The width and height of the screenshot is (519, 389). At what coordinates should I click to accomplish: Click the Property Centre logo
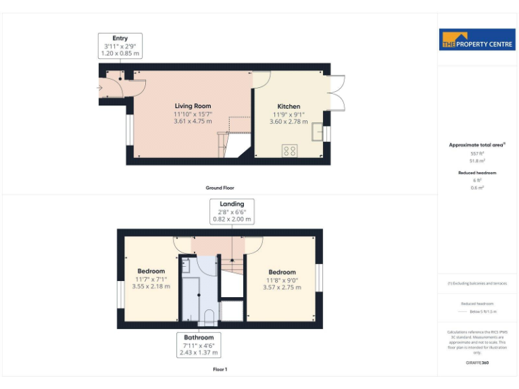(478, 40)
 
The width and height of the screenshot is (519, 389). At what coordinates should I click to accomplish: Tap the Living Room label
(193, 106)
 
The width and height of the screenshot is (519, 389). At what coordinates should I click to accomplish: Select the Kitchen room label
(287, 106)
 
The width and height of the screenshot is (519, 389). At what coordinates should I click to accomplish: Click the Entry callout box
(116, 45)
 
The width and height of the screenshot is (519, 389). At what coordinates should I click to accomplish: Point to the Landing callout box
(232, 211)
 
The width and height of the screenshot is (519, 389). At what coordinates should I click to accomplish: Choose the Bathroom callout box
(199, 344)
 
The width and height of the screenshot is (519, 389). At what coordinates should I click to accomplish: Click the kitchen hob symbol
(289, 151)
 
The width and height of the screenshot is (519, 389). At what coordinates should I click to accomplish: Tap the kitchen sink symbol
(316, 132)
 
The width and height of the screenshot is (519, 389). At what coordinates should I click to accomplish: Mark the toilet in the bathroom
(209, 317)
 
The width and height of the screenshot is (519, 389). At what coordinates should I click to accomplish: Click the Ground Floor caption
(220, 188)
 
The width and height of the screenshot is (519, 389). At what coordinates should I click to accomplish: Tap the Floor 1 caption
(220, 369)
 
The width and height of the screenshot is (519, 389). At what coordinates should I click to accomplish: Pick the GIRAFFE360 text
(477, 363)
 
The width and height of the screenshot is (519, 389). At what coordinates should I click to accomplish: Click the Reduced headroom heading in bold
(477, 173)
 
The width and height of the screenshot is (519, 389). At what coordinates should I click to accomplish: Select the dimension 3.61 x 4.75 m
(193, 122)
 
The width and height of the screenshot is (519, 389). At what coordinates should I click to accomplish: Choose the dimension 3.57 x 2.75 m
(282, 288)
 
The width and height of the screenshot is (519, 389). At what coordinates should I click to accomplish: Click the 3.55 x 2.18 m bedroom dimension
(151, 286)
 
